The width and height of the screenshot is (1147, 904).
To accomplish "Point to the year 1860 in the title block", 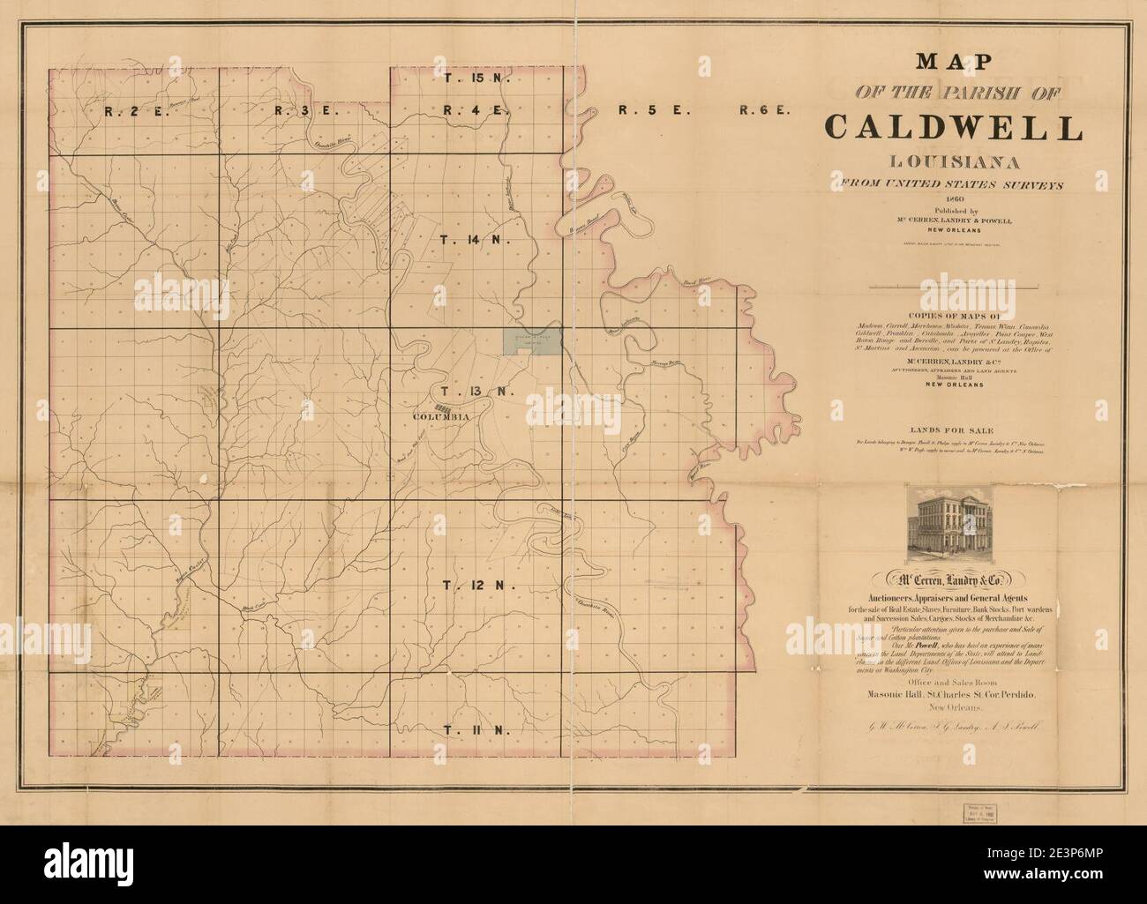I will point(954,199).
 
